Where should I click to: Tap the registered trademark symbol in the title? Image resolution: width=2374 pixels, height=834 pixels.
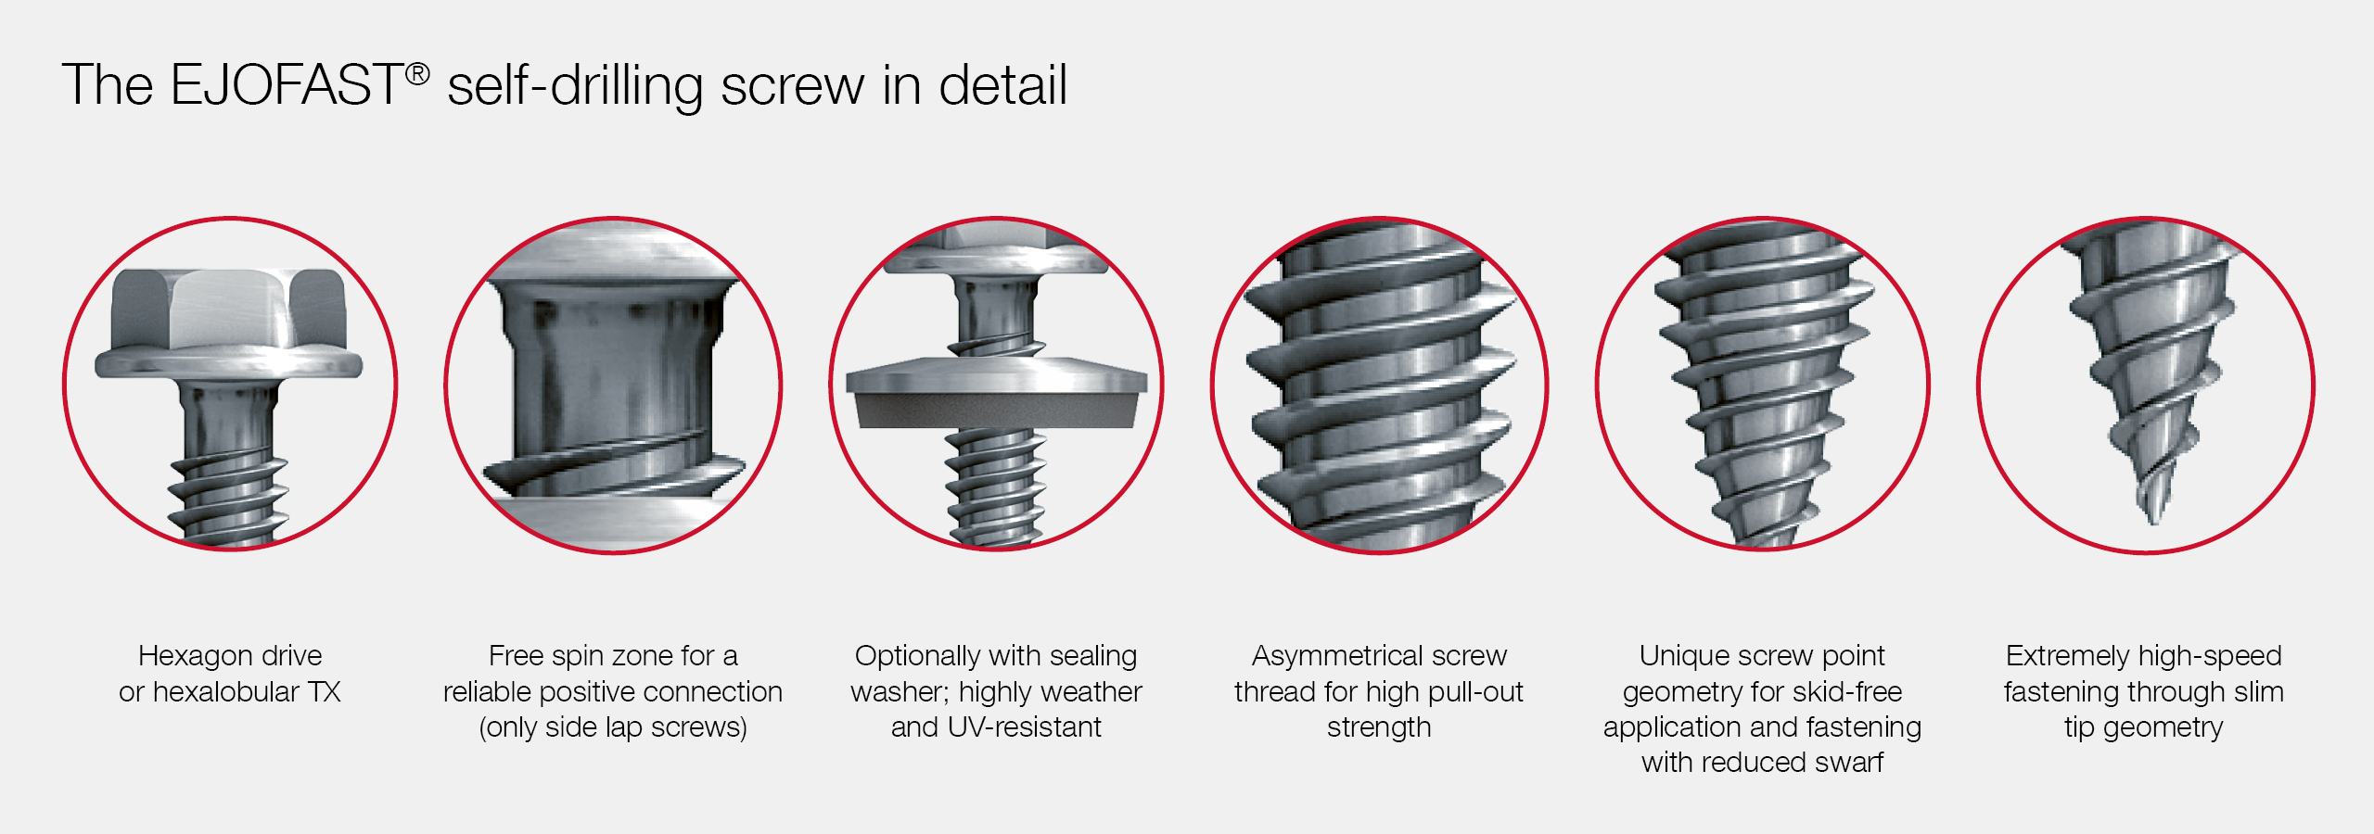[417, 74]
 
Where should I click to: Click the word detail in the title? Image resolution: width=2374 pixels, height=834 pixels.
[1002, 85]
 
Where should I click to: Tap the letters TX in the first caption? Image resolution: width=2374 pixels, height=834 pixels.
[325, 691]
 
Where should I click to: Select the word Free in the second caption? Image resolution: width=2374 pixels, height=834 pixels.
[516, 655]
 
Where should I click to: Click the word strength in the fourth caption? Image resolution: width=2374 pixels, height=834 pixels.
[1379, 728]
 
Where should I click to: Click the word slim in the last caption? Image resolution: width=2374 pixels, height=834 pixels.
[2258, 691]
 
